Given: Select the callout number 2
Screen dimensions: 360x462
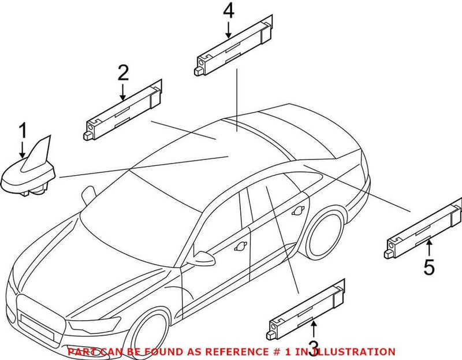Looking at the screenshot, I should tap(123, 73).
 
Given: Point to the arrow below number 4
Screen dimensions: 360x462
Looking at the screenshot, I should tap(229, 29).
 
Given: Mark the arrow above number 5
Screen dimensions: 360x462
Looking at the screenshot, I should tap(429, 249).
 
